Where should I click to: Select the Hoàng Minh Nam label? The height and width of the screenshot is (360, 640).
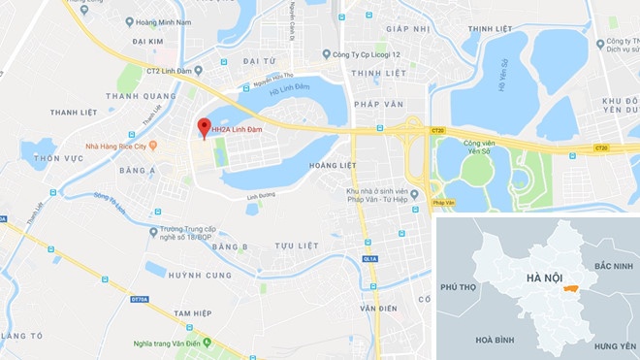coord(167,20)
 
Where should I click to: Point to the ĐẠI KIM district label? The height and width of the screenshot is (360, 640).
coord(148,43)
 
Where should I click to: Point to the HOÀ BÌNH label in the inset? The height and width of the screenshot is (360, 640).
coord(494,340)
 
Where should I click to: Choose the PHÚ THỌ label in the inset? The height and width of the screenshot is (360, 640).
coord(461,288)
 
